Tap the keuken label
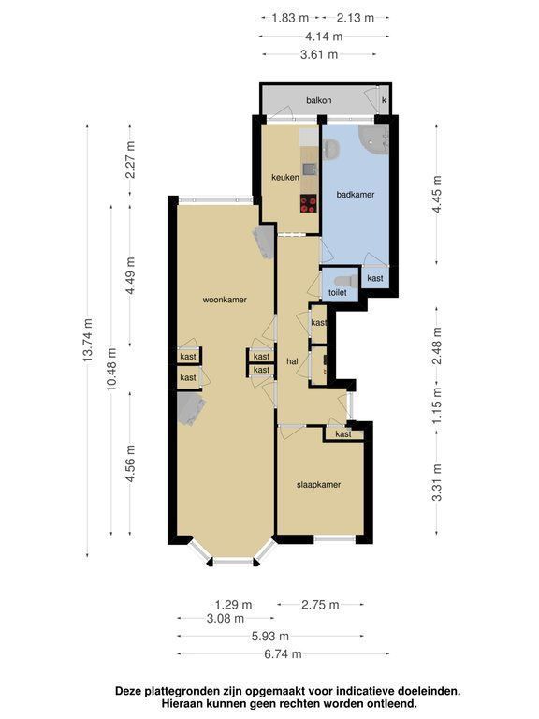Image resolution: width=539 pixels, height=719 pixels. (285, 177)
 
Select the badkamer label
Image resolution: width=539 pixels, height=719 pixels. (356, 195)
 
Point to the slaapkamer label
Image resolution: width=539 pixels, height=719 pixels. (318, 485)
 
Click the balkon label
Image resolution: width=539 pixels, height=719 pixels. (319, 100)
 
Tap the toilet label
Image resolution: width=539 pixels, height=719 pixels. (337, 292)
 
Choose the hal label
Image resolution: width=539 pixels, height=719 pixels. (292, 361)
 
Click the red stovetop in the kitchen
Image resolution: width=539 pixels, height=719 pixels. (309, 203)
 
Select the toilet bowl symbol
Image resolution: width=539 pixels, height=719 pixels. (346, 281)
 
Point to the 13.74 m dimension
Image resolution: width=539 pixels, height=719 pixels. (88, 339)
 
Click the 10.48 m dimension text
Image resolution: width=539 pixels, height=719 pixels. (112, 369)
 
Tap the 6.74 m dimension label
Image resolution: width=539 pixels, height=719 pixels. (283, 653)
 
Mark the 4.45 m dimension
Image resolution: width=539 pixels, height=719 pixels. (437, 194)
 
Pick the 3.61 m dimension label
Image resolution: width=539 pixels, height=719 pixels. (319, 55)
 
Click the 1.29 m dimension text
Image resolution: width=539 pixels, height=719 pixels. (233, 605)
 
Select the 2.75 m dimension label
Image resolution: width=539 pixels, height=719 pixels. (320, 605)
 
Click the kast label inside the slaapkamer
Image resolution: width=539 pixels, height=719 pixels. (343, 434)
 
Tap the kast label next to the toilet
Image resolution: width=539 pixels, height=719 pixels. (375, 278)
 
